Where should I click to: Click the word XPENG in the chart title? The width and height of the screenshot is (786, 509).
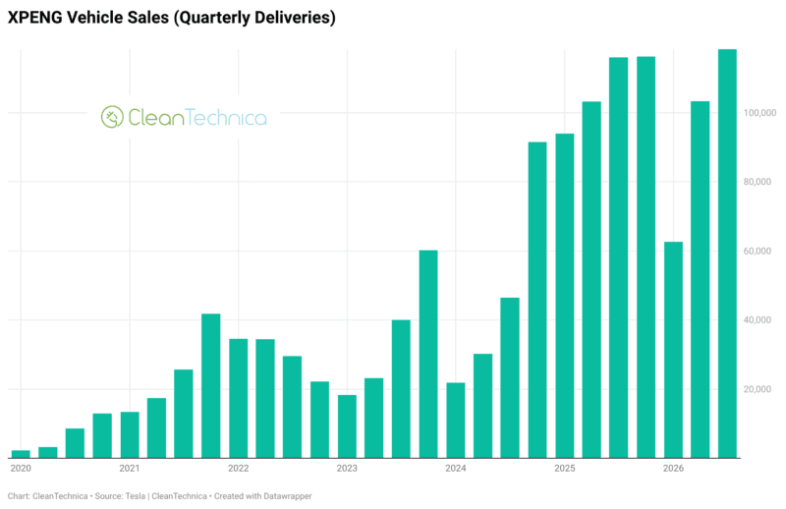coord(34,18)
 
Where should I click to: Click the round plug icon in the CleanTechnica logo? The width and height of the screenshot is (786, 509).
coord(112,117)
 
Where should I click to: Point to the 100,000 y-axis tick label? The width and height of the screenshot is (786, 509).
coord(759,113)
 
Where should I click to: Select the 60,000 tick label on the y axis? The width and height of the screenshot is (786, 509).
coord(757,251)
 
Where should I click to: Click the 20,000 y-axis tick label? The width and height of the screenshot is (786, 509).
coord(757,389)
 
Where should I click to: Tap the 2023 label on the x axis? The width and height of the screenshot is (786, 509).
coord(347,469)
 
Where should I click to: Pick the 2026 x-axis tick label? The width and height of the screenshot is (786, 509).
coord(673,469)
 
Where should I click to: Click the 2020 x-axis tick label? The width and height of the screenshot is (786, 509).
coord(21,469)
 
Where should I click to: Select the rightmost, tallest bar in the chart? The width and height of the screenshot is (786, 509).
coord(727,254)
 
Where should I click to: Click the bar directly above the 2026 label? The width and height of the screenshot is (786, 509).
coord(673,350)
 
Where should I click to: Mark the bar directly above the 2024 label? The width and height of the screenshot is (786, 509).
coord(456,421)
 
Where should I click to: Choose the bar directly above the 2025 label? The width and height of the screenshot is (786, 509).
coord(564,296)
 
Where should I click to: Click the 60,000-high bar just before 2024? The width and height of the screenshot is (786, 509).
coord(428,354)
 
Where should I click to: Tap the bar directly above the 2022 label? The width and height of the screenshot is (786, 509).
coord(239,399)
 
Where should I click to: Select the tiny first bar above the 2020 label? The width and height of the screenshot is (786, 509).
coord(21,454)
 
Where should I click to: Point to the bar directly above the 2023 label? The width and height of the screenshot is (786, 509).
coord(347,426)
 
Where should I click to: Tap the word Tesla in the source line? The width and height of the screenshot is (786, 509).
coord(136,496)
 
